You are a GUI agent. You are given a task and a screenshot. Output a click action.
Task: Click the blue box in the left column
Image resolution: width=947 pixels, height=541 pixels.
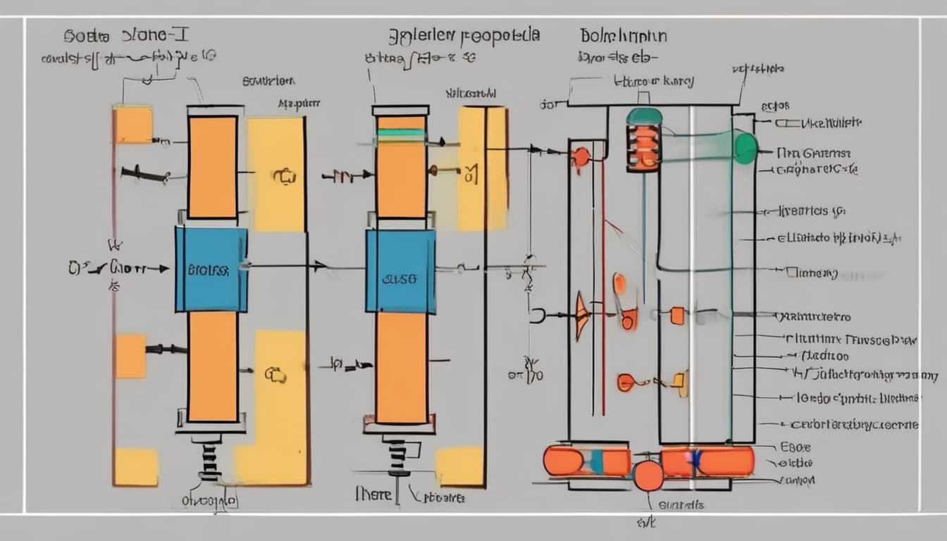pos(211,269)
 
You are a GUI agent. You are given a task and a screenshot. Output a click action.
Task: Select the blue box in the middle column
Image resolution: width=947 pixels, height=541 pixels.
pos(400,271)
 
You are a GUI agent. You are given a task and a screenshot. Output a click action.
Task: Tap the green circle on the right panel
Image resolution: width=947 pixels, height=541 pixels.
pos(745,148)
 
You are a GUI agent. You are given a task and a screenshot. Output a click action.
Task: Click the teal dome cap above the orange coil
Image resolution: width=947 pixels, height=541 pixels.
pos(644,116)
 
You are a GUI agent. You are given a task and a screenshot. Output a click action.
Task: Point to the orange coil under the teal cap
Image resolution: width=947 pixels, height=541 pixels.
pos(644,147)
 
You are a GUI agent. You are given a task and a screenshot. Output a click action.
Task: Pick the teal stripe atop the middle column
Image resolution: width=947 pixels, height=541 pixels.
pos(401,132)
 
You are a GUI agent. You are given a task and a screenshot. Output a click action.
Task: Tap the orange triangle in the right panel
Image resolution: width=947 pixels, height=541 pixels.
pos(581,316)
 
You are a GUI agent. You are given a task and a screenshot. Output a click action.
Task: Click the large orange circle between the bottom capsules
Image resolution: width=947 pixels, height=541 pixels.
pos(648,475)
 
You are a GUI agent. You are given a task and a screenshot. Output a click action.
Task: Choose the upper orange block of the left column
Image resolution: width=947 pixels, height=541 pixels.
pos(212,167)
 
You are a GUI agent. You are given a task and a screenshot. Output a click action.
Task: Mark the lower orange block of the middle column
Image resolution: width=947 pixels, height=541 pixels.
pos(401,367)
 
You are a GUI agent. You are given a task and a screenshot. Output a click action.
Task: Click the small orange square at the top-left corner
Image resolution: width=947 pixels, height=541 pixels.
pos(133,125)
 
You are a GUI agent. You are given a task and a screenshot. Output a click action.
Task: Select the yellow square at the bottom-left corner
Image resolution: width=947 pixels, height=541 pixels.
pos(136,466)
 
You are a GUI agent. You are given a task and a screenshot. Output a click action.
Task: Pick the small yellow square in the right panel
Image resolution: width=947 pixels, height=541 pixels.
pos(681,382)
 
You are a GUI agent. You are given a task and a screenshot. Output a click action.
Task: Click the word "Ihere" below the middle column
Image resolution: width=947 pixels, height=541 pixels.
pos(373,495)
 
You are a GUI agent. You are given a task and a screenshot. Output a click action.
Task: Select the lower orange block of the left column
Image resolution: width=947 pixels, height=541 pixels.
pos(212,366)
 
